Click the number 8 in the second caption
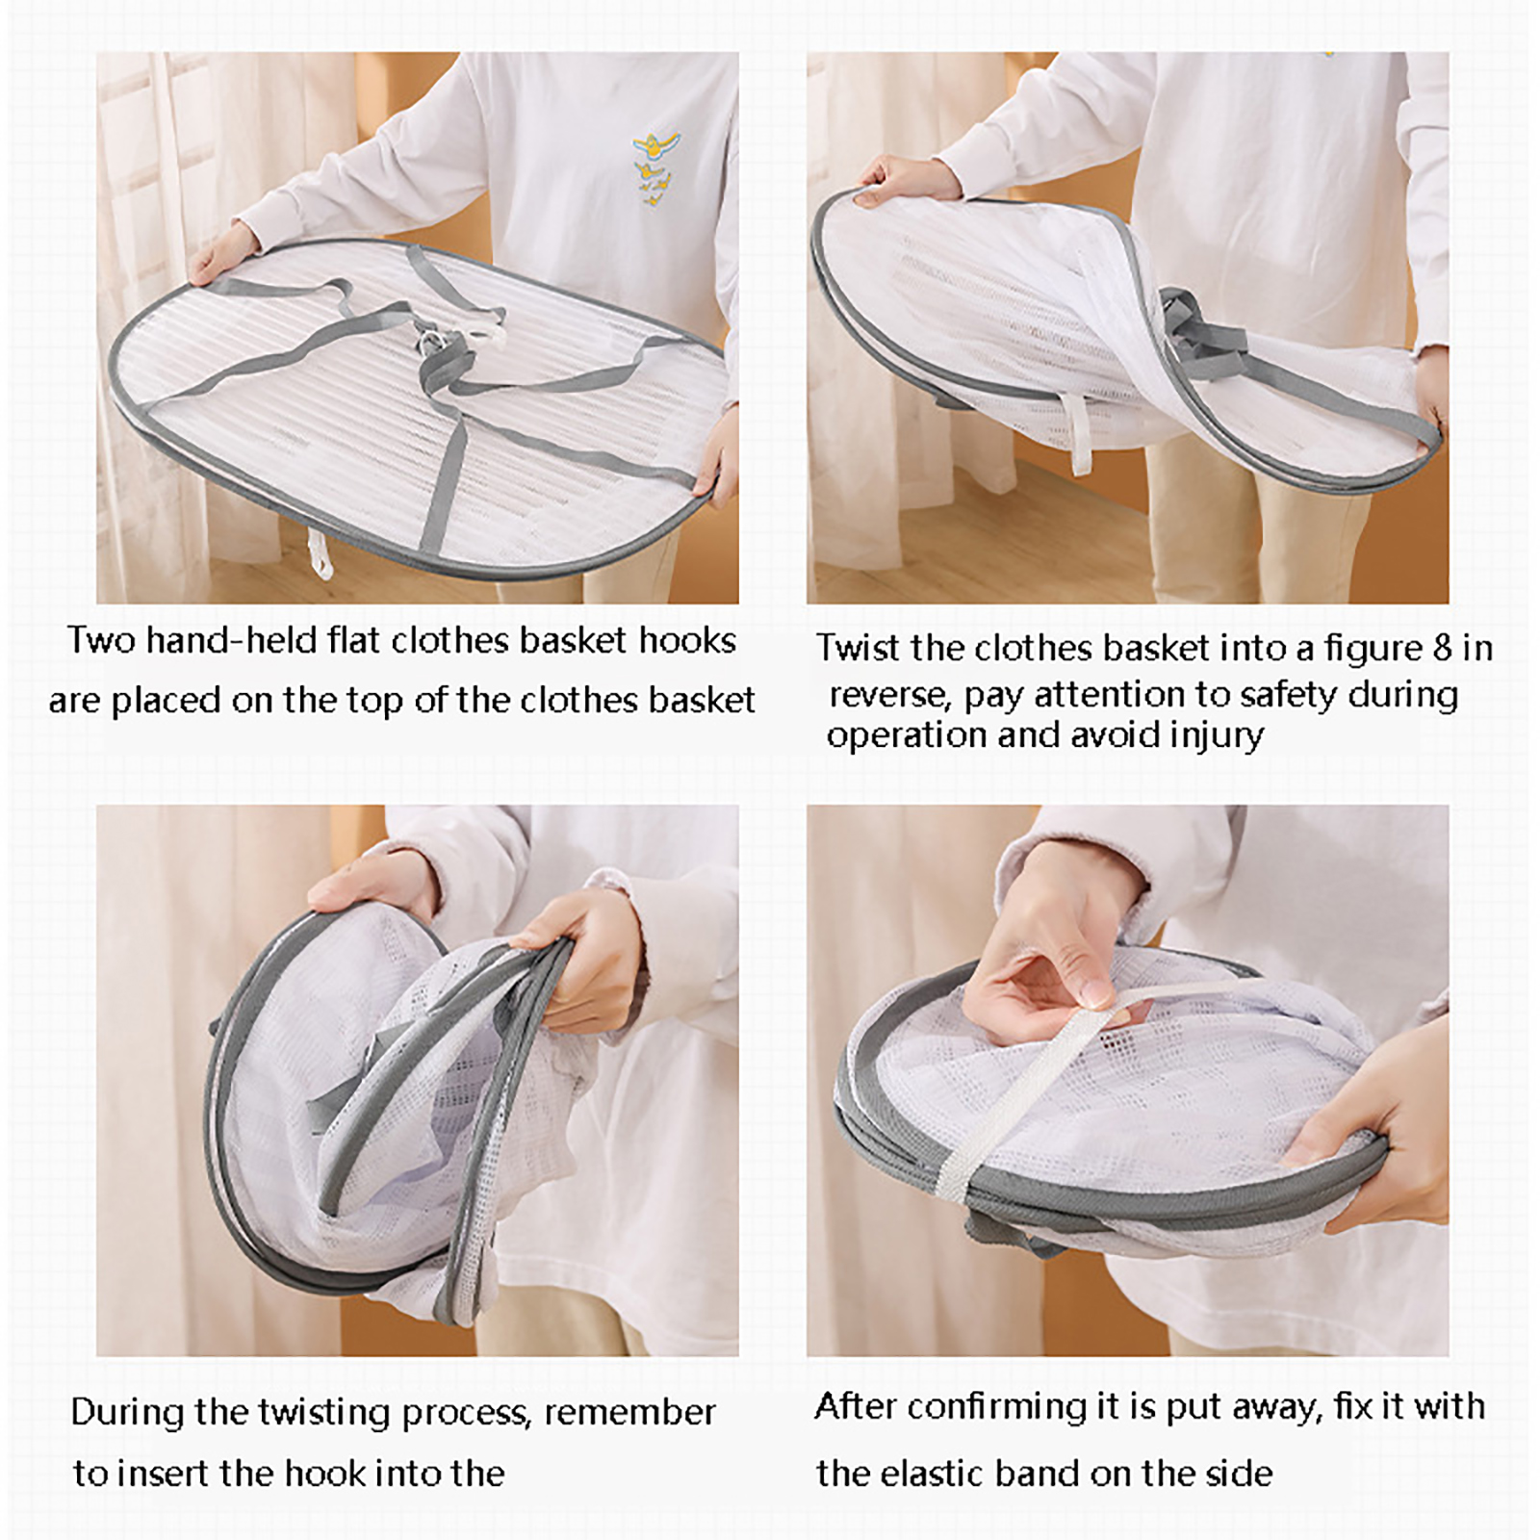point(1441,649)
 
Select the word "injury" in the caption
point(1217,736)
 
